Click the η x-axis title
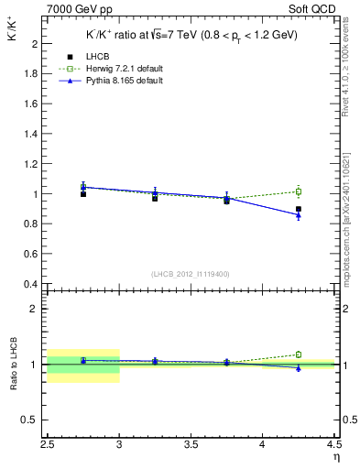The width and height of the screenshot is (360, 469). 336,455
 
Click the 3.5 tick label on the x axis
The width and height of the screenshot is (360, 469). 191,443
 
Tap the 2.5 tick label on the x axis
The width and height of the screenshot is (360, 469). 48,443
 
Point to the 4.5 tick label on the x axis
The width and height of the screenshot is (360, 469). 333,443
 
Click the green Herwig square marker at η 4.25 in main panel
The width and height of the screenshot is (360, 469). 298,191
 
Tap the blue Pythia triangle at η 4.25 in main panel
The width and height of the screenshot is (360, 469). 298,215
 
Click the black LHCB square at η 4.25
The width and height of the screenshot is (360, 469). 298,209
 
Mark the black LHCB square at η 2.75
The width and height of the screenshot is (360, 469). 83,194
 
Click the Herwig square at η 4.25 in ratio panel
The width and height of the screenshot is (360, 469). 298,354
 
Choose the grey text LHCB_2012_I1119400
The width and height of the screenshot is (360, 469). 191,274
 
